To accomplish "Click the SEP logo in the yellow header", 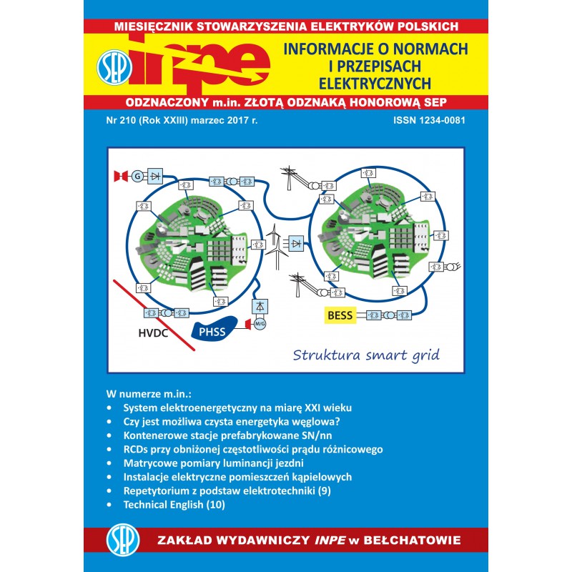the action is point(114,67).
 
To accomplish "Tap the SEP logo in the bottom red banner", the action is point(123,541).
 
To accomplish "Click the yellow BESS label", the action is point(340,315).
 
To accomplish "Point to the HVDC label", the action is point(153,333).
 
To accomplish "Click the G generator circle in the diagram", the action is point(137,176).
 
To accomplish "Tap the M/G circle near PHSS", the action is point(260,323).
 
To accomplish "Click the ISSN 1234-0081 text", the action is point(429,120).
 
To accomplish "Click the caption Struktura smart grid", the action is point(366,355).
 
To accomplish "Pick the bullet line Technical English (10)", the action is point(174,505).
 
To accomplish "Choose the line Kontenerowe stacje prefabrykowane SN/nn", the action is point(227,435).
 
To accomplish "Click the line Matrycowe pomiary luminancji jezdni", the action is point(213,463).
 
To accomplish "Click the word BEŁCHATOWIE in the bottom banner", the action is point(413,541).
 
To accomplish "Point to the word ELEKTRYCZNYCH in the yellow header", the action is point(375,84).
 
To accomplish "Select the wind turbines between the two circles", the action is point(276,246).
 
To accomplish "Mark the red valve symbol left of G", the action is point(121,176).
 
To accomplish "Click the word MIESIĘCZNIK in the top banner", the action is point(154,26).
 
